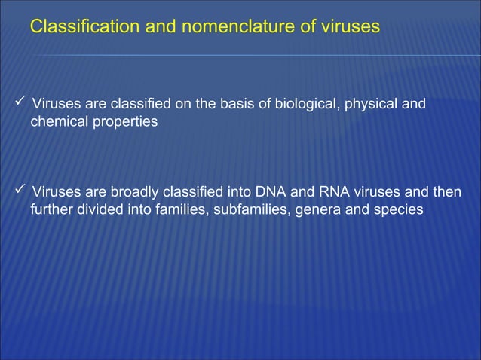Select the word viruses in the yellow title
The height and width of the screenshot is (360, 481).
[349, 27]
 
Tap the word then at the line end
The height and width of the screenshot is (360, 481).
[446, 191]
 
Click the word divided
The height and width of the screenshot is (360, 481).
[103, 209]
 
